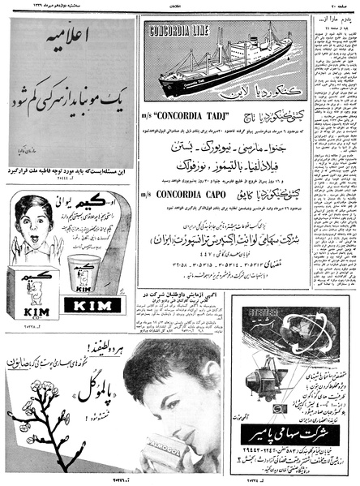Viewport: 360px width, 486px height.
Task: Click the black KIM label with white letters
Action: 92,305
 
